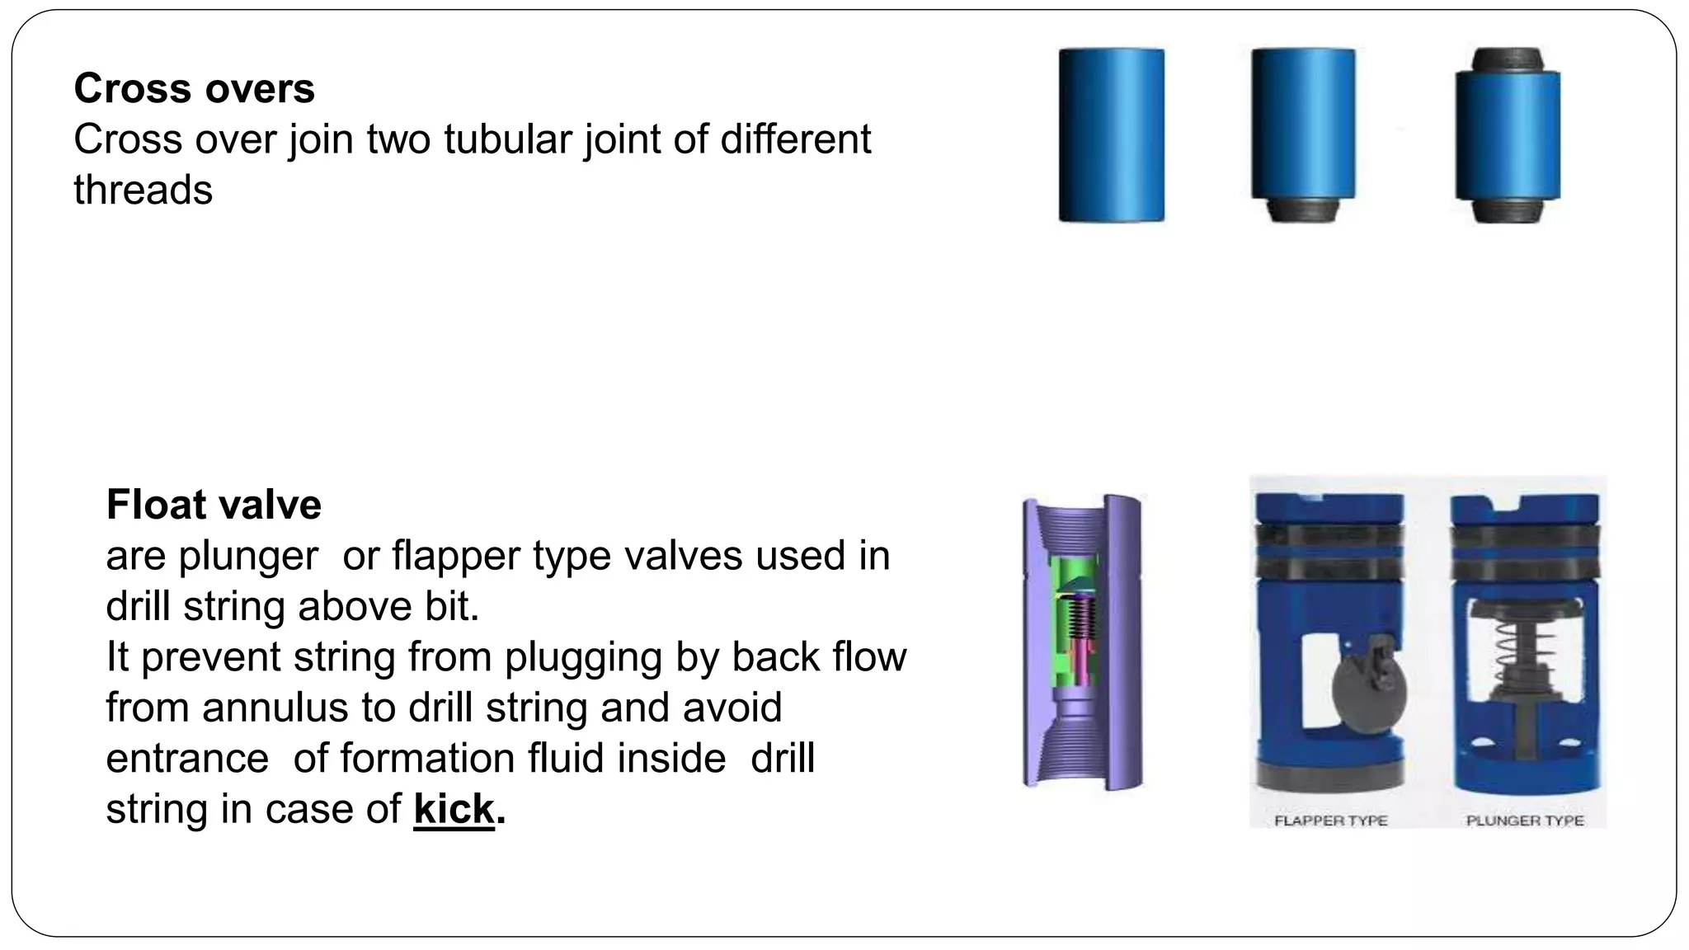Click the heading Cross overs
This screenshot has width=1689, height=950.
[x=194, y=88]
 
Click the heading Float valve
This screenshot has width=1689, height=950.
[x=214, y=505]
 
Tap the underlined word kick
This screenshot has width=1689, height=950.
[x=454, y=808]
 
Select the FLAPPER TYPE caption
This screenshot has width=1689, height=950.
[x=1330, y=821]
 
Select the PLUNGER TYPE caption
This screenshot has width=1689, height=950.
[x=1524, y=821]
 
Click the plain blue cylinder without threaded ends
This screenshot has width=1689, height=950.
[x=1111, y=135]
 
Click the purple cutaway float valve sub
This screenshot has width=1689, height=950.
[x=1082, y=643]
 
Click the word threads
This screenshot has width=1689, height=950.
[x=143, y=190]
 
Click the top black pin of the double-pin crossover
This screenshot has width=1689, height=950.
[x=1507, y=59]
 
